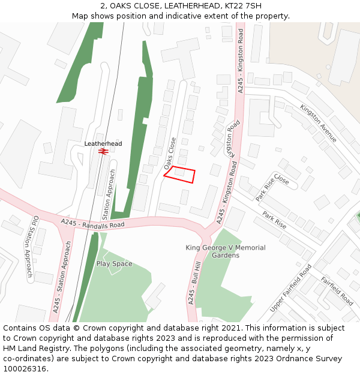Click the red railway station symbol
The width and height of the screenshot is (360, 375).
(103, 152)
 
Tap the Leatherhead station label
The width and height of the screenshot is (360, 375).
(103, 144)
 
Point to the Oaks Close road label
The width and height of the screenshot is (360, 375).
(170, 153)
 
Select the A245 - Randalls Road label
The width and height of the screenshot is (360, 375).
(92, 224)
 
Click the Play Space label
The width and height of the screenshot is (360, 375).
(114, 263)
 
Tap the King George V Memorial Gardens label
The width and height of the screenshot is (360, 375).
(225, 251)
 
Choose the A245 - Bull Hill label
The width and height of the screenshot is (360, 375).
(194, 284)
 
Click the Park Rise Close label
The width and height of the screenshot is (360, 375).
(272, 187)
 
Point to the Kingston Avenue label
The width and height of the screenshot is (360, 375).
(319, 124)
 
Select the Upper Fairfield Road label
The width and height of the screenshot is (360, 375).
(291, 288)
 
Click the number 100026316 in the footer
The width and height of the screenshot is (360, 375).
(25, 369)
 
